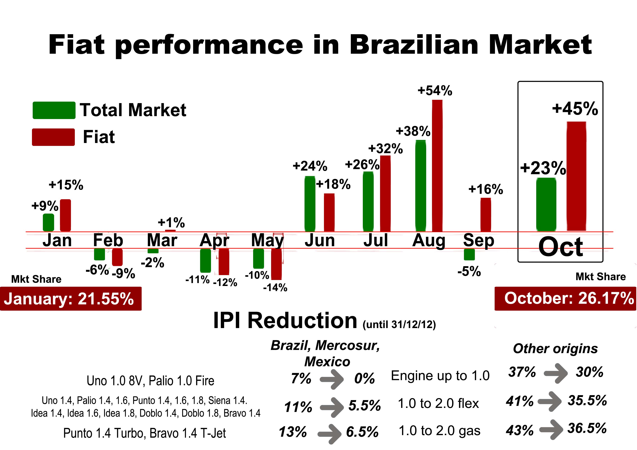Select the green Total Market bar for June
[310, 204]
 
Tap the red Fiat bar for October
[576, 176]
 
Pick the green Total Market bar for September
[469, 254]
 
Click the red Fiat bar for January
[66, 215]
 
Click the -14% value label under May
[275, 288]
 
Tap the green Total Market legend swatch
[54, 110]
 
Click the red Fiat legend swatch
[53, 137]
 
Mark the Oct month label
[560, 247]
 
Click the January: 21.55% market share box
[71, 299]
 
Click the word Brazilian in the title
[413, 45]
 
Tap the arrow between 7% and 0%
[332, 379]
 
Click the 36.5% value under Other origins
[587, 428]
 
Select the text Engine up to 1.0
[440, 376]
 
